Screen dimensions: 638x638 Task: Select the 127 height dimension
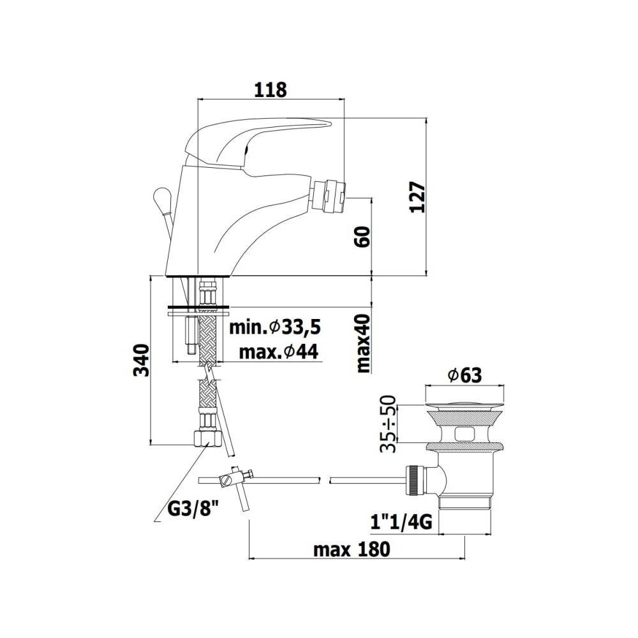[417, 197]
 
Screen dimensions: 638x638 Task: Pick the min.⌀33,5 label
[275, 327]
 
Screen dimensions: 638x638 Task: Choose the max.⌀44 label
[279, 351]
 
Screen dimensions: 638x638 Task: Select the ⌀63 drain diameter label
[464, 376]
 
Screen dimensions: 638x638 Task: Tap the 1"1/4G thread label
[403, 523]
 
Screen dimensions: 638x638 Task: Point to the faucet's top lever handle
[255, 137]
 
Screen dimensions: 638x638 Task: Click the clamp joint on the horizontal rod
[234, 477]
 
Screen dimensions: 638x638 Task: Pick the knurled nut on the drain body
[415, 480]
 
